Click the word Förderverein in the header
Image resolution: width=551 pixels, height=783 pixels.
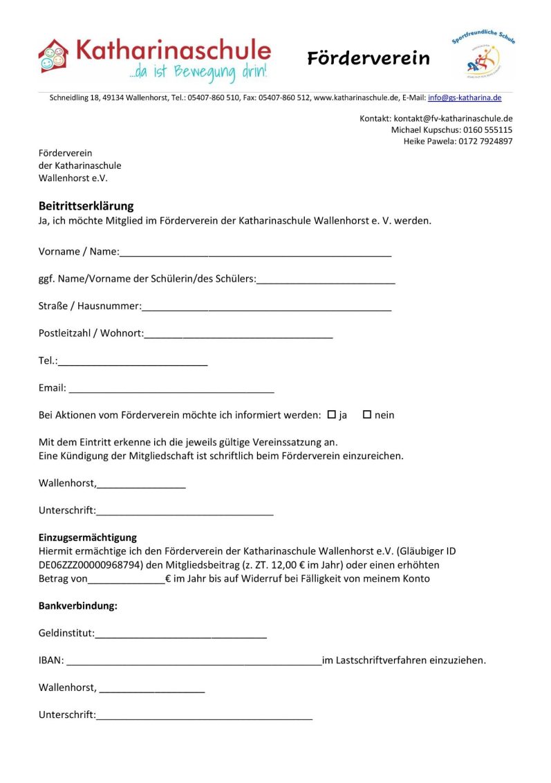(x=368, y=59)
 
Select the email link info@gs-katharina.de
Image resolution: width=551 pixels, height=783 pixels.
(x=465, y=98)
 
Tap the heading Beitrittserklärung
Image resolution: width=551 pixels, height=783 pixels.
(x=86, y=206)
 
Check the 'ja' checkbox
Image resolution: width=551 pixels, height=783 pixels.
(x=331, y=414)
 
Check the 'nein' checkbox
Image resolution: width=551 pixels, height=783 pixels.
(x=367, y=414)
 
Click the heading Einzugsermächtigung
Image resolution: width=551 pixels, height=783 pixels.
(x=88, y=537)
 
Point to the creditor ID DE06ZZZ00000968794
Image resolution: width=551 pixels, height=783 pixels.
(x=91, y=565)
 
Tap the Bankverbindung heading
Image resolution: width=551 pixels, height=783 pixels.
(x=78, y=606)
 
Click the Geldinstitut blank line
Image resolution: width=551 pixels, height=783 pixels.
(x=180, y=635)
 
